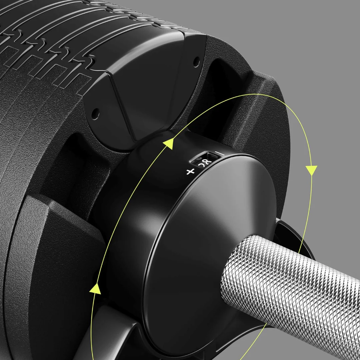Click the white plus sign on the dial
pyautogui.click(x=190, y=172)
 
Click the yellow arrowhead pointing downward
pyautogui.click(x=312, y=170)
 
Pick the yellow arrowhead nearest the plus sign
pyautogui.click(x=169, y=144)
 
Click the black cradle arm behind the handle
pyautogui.click(x=290, y=230)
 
